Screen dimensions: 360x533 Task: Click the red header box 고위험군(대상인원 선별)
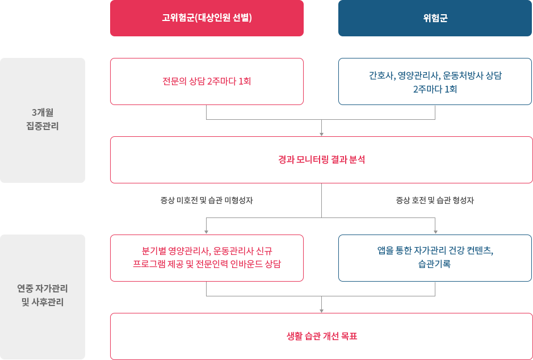click(x=206, y=18)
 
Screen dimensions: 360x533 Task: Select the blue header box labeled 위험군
click(x=435, y=18)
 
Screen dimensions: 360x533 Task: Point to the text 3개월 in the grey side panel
click(x=43, y=112)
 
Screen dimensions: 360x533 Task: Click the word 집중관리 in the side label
click(x=43, y=126)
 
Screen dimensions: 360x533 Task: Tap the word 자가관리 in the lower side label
click(x=54, y=288)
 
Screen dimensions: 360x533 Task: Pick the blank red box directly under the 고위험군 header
click(x=206, y=81)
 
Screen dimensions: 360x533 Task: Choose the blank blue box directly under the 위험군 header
click(x=435, y=81)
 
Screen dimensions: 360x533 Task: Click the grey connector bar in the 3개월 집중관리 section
click(x=321, y=112)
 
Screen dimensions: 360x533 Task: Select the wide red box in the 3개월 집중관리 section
click(x=321, y=160)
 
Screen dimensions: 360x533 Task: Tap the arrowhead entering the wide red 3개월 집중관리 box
click(x=321, y=134)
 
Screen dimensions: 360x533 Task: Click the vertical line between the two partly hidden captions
click(x=321, y=200)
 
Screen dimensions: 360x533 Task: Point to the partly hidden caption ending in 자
click(x=207, y=200)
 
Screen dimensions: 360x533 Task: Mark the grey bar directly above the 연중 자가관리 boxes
click(x=321, y=224)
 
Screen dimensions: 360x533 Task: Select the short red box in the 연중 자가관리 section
click(x=206, y=257)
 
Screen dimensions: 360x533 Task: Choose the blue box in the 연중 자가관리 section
click(x=435, y=257)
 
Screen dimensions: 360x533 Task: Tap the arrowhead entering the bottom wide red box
click(x=321, y=311)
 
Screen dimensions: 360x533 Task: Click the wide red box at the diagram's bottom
click(x=321, y=336)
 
